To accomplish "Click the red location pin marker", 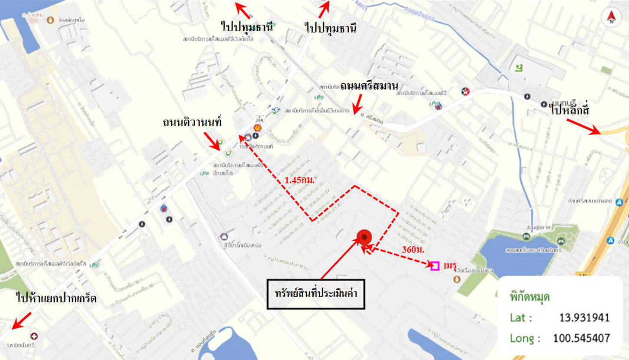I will point(364,237).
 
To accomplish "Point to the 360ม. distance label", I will point(413,250).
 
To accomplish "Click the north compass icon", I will point(611,17).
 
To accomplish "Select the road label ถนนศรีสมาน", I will point(369,85).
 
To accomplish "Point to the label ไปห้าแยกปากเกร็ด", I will point(56,299).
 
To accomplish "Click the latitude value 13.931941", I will point(584,317).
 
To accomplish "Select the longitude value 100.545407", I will point(581,338).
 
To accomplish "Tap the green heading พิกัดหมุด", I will point(530,297).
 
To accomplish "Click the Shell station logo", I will point(257,128).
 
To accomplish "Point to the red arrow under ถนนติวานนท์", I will point(212,141).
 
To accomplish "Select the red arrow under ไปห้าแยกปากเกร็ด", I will point(22,320).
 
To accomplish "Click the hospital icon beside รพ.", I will point(34,336).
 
